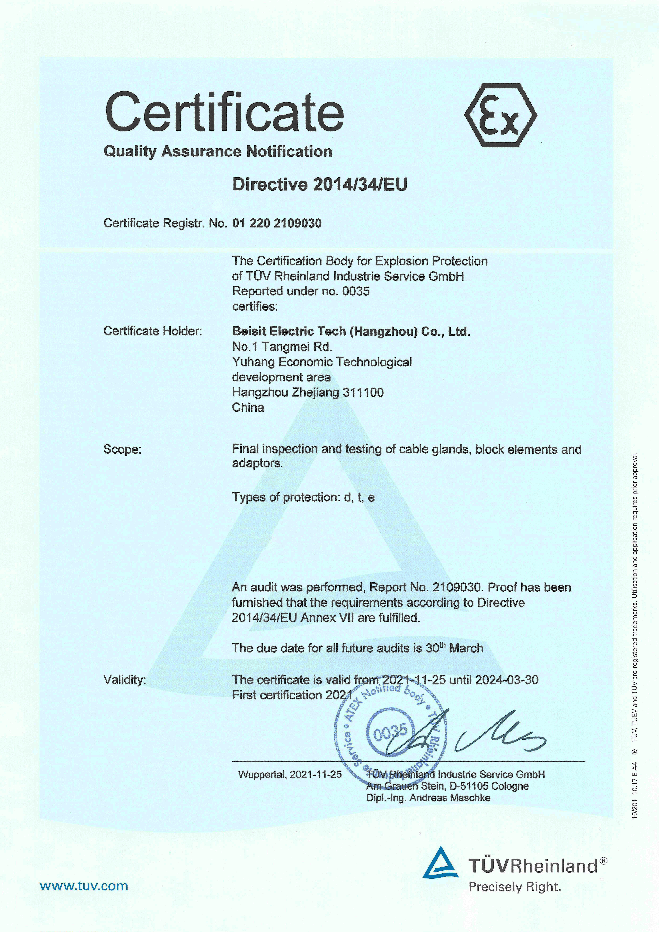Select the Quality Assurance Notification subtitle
pos(218,151)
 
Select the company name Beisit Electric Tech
pos(351,331)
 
